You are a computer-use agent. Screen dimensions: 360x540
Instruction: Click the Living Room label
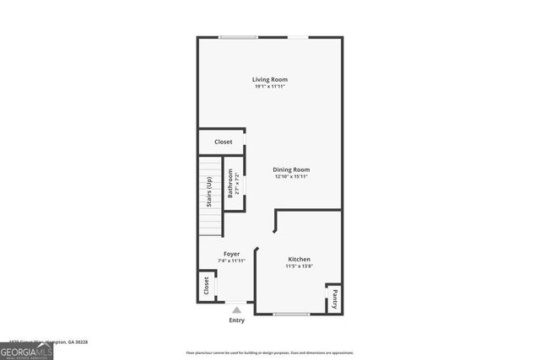[x=270, y=79]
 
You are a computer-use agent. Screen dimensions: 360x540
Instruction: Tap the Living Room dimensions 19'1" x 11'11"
[x=270, y=87]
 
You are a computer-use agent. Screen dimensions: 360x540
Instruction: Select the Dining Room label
[x=291, y=169]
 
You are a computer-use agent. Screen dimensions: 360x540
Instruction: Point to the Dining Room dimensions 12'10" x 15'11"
[x=291, y=177]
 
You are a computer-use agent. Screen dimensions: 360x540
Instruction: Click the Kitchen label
[x=299, y=259]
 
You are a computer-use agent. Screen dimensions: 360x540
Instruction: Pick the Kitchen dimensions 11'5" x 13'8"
[x=299, y=266]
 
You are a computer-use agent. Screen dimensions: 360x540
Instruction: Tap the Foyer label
[x=231, y=254]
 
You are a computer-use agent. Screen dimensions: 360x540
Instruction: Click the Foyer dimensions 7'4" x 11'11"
[x=231, y=261]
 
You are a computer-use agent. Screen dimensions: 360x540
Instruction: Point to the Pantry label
[x=334, y=299]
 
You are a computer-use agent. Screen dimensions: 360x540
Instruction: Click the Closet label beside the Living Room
[x=223, y=142]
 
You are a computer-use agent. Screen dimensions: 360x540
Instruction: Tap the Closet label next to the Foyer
[x=206, y=286]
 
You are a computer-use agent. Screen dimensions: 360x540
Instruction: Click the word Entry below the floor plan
[x=237, y=320]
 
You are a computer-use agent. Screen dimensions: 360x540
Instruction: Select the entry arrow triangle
[x=237, y=309]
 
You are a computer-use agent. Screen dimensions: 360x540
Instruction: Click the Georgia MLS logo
[x=27, y=351]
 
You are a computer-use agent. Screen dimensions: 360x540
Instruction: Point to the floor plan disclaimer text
[x=269, y=352]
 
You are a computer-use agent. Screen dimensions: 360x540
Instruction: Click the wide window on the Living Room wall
[x=238, y=37]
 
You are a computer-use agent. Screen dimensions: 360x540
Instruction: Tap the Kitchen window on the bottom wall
[x=291, y=314]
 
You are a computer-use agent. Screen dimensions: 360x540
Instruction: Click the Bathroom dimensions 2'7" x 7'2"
[x=237, y=183]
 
